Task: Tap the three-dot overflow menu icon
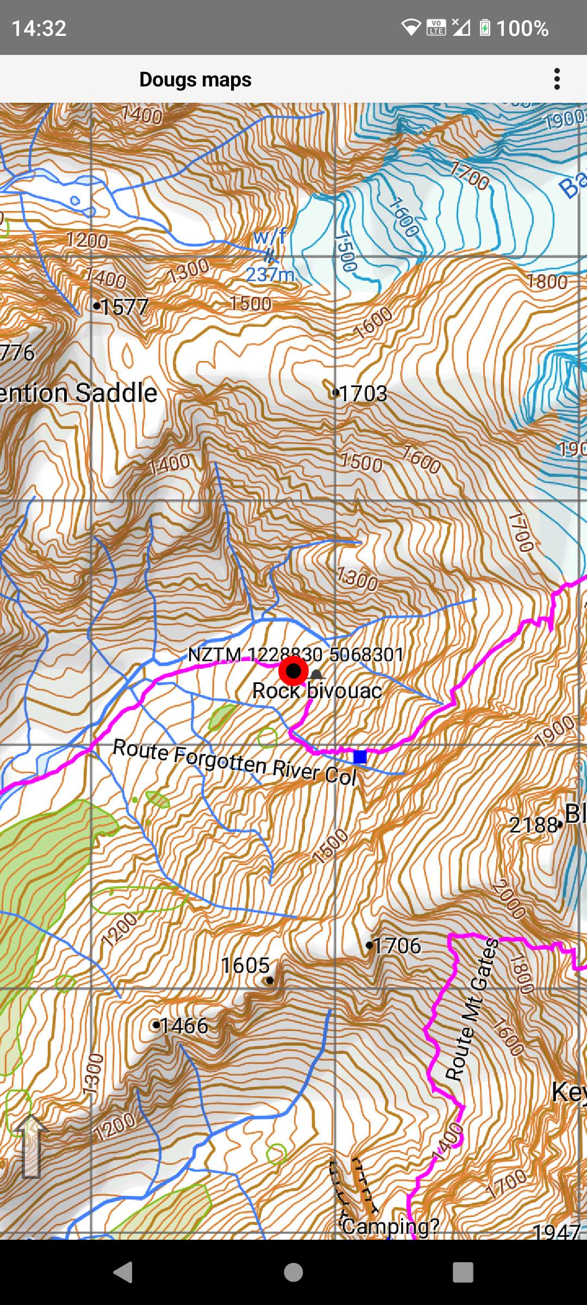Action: [557, 79]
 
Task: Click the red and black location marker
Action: [293, 671]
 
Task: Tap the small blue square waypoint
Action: [360, 756]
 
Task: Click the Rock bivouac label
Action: [317, 691]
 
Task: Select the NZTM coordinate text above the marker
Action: [296, 654]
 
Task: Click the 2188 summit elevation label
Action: [534, 825]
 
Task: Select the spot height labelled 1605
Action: [245, 966]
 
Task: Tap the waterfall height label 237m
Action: [270, 275]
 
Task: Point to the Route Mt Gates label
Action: [472, 1009]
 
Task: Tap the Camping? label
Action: [390, 1227]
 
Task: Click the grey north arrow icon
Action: [31, 1146]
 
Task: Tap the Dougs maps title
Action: [195, 79]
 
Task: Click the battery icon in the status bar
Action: [485, 28]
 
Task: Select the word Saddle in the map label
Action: [116, 393]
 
